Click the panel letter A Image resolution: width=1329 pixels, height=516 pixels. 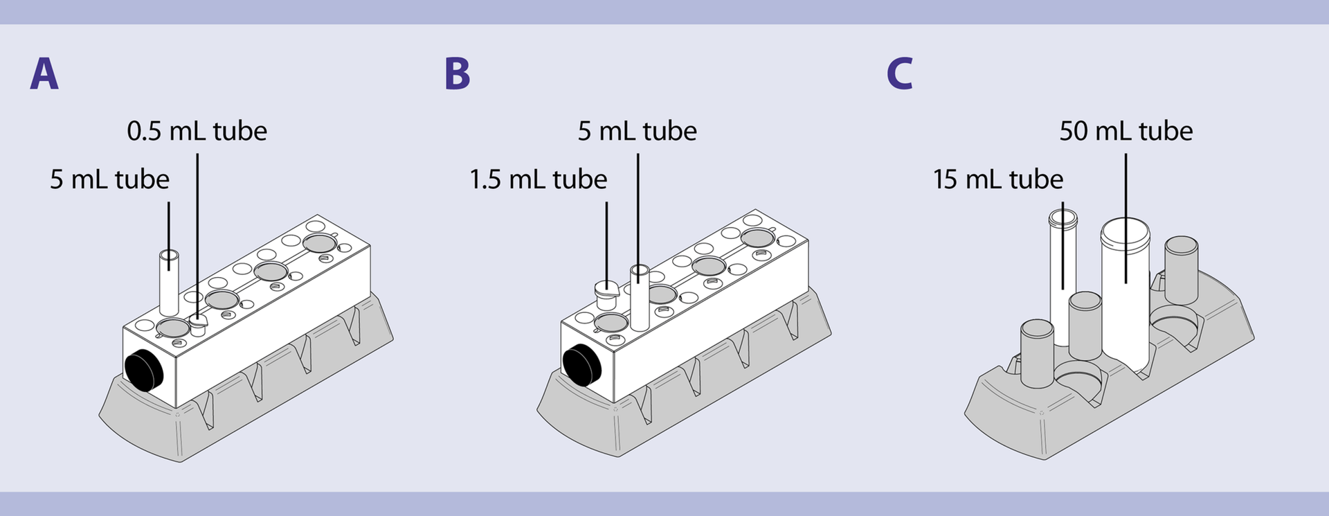44,73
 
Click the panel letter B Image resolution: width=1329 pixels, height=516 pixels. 457,73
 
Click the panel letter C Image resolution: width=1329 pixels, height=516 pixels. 899,73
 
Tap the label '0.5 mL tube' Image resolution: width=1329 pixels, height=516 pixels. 197,131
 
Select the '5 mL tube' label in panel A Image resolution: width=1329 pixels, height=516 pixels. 109,179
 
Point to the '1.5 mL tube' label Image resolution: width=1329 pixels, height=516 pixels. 538,179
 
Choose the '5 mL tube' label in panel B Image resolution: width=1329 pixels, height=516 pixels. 637,131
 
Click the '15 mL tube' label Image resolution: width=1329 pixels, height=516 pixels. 997,179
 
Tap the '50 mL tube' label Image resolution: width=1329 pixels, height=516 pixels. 1125,131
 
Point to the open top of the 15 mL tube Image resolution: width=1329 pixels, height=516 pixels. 1063,218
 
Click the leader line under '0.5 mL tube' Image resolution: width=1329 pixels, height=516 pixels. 197,229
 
